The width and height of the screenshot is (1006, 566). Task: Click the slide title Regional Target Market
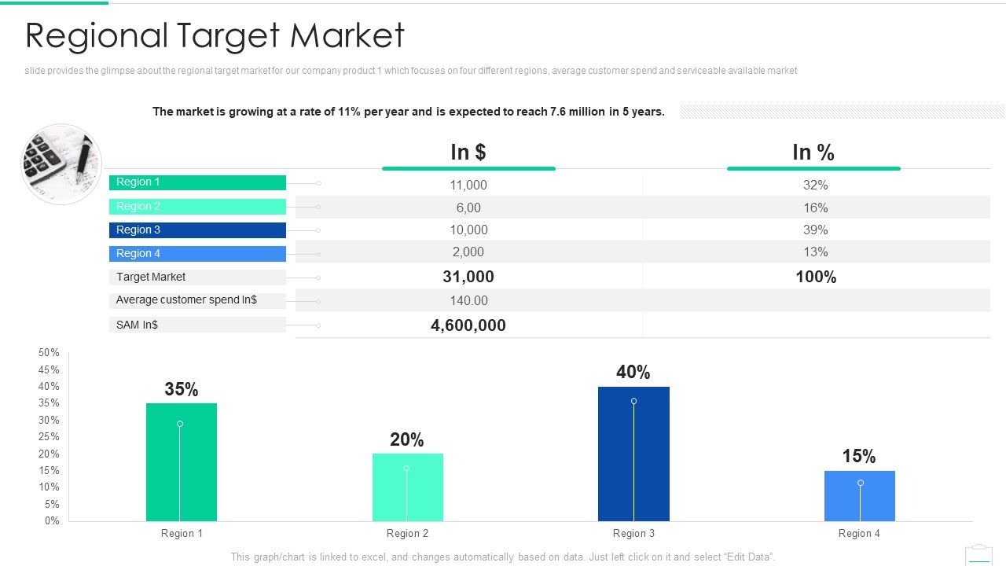point(215,36)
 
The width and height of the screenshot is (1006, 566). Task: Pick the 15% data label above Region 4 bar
point(858,457)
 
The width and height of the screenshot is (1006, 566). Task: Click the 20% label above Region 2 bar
point(406,440)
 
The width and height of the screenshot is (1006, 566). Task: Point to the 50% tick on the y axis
point(49,353)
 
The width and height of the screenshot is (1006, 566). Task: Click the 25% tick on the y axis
point(49,437)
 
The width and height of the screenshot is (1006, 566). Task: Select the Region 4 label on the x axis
point(859,534)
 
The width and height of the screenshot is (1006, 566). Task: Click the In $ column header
point(468,153)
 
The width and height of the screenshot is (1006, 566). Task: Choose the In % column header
point(813,153)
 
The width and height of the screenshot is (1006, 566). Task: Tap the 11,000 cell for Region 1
point(468,186)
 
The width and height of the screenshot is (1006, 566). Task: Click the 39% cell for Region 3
point(816,230)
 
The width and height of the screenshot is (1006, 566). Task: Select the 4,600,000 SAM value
point(468,325)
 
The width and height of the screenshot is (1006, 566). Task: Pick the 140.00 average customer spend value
point(468,301)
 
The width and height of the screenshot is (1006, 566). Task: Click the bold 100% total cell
point(816,277)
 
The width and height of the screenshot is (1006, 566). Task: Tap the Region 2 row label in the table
point(138,207)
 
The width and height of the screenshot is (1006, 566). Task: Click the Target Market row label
point(151,277)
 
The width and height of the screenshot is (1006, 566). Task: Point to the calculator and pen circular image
point(61,164)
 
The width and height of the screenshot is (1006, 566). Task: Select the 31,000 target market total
point(468,277)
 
